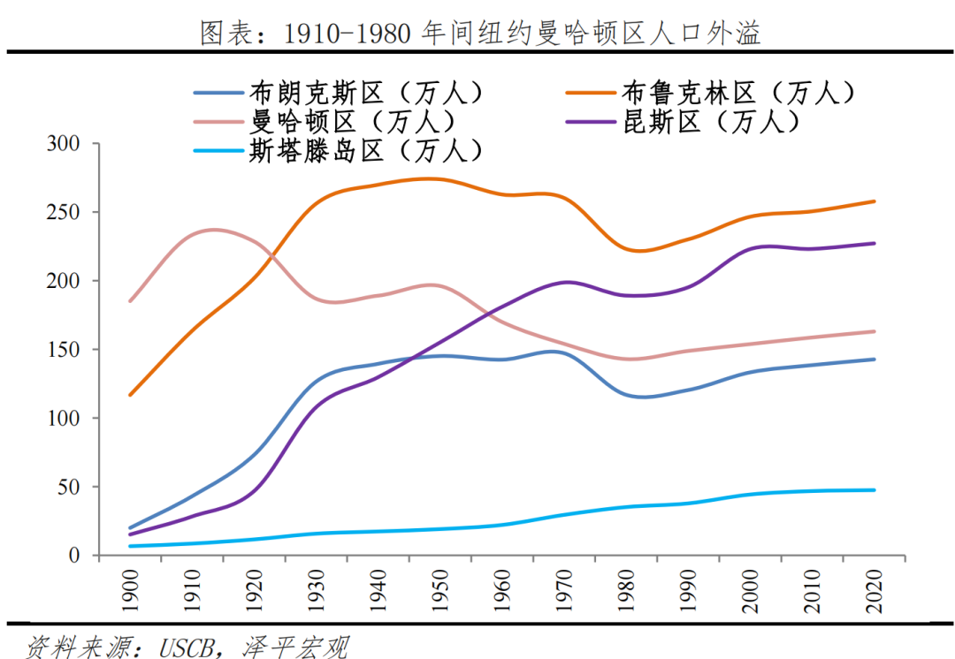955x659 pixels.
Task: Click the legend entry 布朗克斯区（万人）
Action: pos(367,92)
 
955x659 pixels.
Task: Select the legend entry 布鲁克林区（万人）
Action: pos(738,92)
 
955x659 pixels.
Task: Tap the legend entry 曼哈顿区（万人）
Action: pos(354,121)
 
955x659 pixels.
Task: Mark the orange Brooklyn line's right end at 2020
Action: pos(875,201)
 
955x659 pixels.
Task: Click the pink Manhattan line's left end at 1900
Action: pos(131,301)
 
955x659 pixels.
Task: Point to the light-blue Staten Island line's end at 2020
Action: pos(875,489)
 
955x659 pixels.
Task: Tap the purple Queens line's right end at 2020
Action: pos(875,243)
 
